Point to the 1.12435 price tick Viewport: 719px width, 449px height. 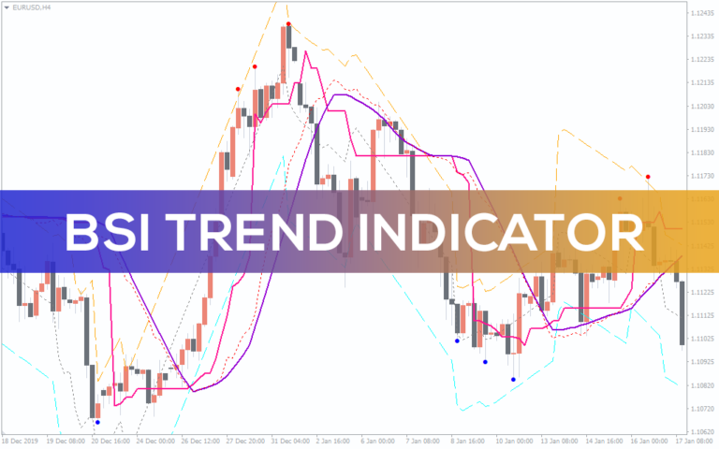click(x=702, y=13)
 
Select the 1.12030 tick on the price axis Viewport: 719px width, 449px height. click(x=702, y=106)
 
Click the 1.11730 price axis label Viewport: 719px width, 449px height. click(x=702, y=176)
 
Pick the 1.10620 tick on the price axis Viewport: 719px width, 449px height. click(x=702, y=432)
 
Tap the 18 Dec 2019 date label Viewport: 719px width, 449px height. click(x=19, y=440)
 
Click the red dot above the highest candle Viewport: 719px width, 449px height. click(x=288, y=23)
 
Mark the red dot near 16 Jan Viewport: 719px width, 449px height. click(x=648, y=176)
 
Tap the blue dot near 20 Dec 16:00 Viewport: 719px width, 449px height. click(x=97, y=422)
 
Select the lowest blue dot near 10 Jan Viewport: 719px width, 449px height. click(x=513, y=379)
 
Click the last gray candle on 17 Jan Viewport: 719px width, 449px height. click(x=682, y=312)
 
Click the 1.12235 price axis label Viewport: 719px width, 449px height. click(x=702, y=60)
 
